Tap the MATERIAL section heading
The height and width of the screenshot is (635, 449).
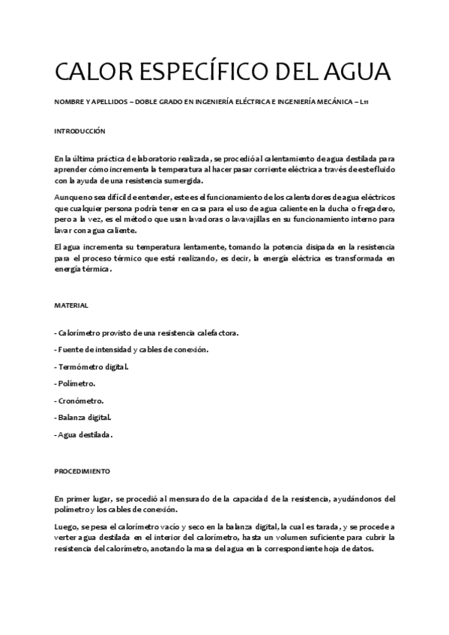71,306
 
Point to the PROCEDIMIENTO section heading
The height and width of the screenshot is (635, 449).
82,472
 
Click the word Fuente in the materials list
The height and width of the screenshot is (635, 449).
70,350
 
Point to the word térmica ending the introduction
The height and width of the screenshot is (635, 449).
94,270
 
